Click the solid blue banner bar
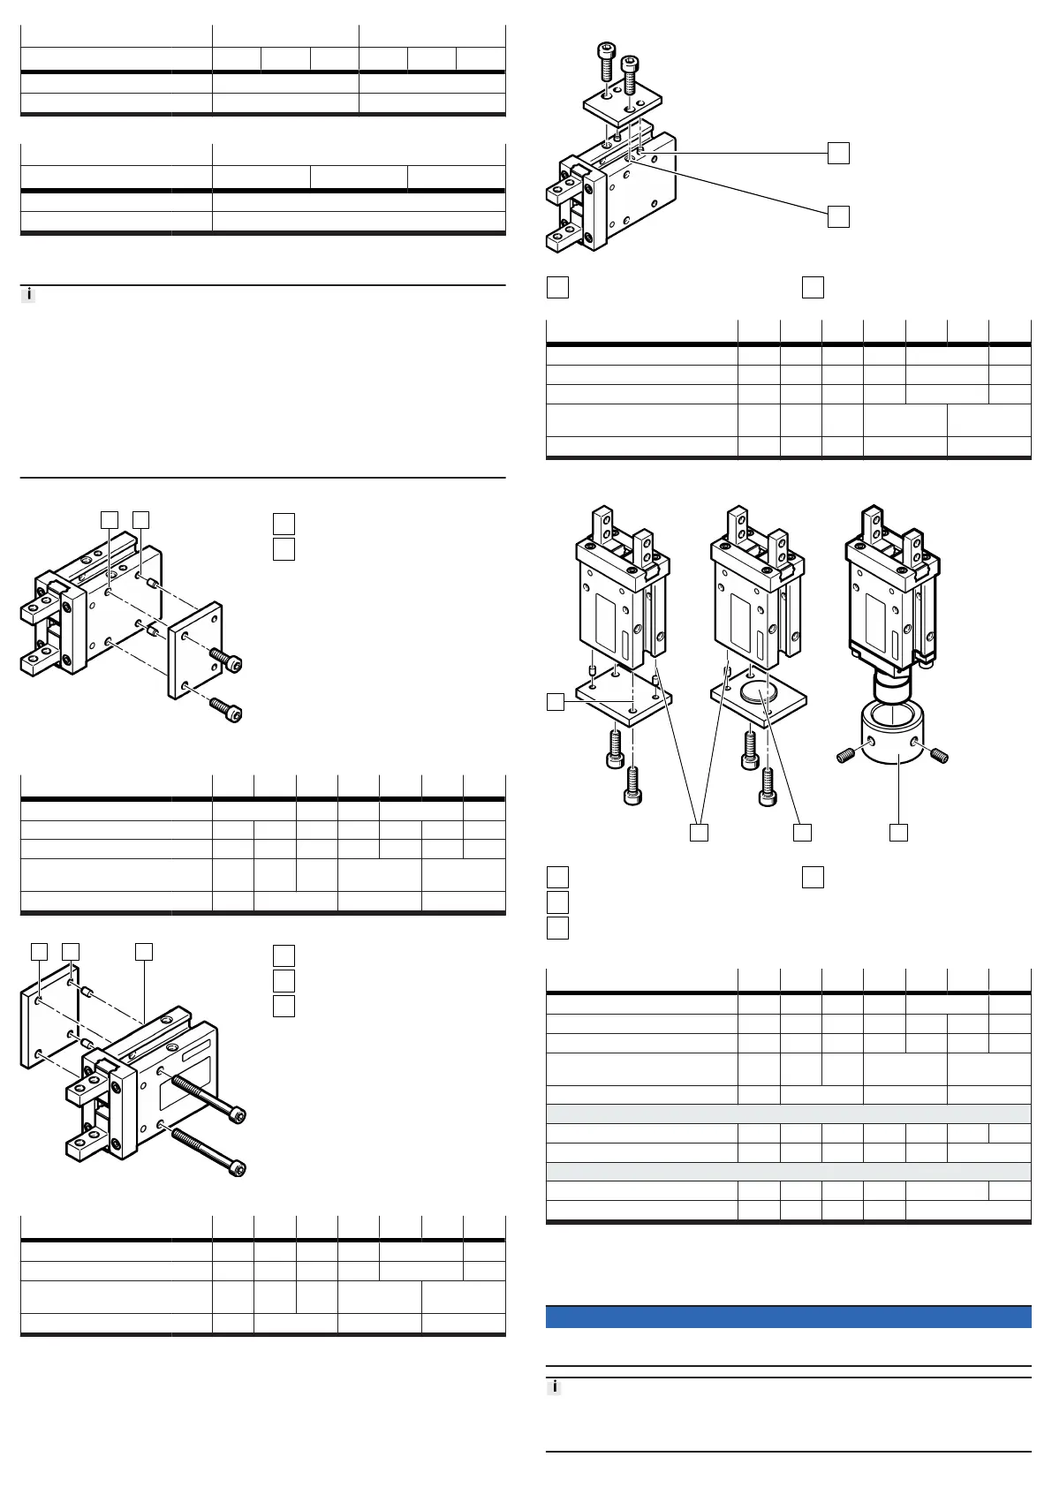788,1316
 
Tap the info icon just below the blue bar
555,1387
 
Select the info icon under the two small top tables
28,295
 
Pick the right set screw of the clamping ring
938,755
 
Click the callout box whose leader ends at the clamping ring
898,832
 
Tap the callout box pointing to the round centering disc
802,832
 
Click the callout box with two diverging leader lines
699,832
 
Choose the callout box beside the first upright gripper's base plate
556,702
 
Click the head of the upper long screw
237,1116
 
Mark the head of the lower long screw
237,1168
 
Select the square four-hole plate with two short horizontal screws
195,650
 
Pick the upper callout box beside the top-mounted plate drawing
838,153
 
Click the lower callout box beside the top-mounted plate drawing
838,216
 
